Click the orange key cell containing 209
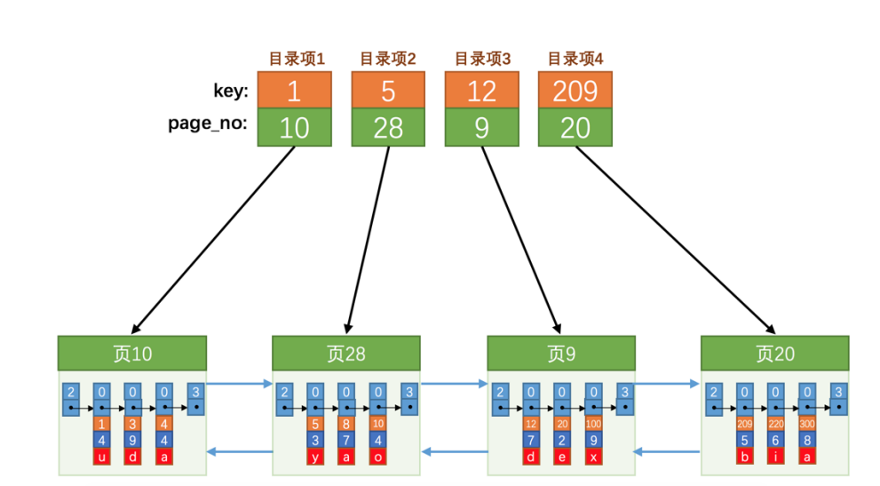pyautogui.click(x=575, y=90)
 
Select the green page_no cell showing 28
pyautogui.click(x=388, y=128)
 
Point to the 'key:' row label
pyautogui.click(x=231, y=90)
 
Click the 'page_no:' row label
pyautogui.click(x=206, y=124)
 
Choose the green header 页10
pyautogui.click(x=132, y=354)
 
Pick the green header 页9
pyautogui.click(x=561, y=354)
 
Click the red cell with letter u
pyautogui.click(x=102, y=457)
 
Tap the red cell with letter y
pyautogui.click(x=315, y=457)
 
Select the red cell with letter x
pyautogui.click(x=592, y=457)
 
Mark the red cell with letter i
pyautogui.click(x=775, y=457)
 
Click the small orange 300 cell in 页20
pyautogui.click(x=807, y=424)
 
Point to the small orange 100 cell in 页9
pyautogui.click(x=592, y=424)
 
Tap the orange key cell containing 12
pyautogui.click(x=481, y=90)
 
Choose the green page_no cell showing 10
pyautogui.click(x=294, y=128)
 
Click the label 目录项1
pyautogui.click(x=297, y=60)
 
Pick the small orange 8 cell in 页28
pyautogui.click(x=346, y=424)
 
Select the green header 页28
pyautogui.click(x=345, y=354)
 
